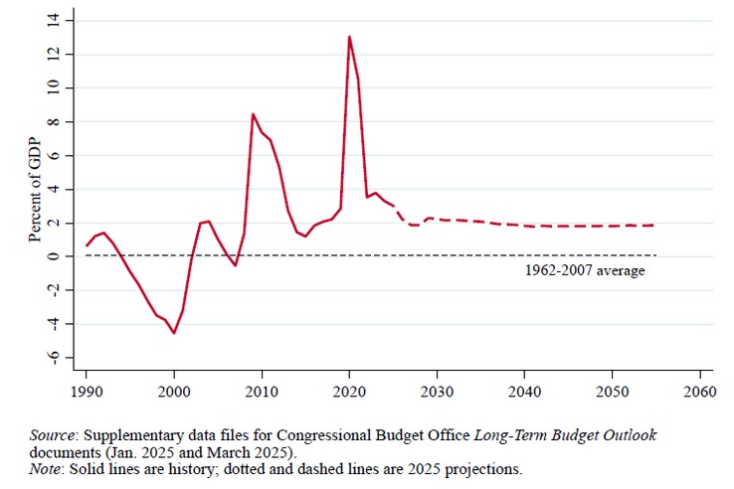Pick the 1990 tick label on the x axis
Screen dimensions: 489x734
click(87, 391)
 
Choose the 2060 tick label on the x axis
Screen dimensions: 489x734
click(699, 391)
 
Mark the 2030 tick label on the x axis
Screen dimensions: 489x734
click(437, 391)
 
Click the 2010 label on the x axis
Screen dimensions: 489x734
click(262, 391)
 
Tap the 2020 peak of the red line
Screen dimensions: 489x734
click(349, 37)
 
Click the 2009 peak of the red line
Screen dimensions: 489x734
click(253, 114)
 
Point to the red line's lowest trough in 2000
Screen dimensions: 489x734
click(174, 333)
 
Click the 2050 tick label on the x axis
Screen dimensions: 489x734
click(612, 391)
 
